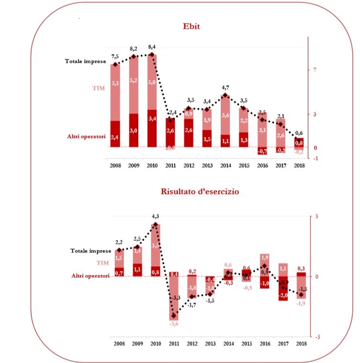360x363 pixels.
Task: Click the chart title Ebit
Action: pos(191,26)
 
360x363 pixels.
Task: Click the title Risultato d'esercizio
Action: pos(200,192)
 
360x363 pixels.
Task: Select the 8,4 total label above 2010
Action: pos(152,46)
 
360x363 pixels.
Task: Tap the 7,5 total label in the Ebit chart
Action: pos(115,57)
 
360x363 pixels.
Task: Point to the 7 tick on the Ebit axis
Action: pos(315,70)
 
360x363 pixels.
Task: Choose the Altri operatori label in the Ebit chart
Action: pos(86,136)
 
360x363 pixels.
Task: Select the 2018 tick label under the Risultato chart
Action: pos(301,343)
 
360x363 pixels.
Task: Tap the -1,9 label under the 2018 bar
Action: pos(301,303)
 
